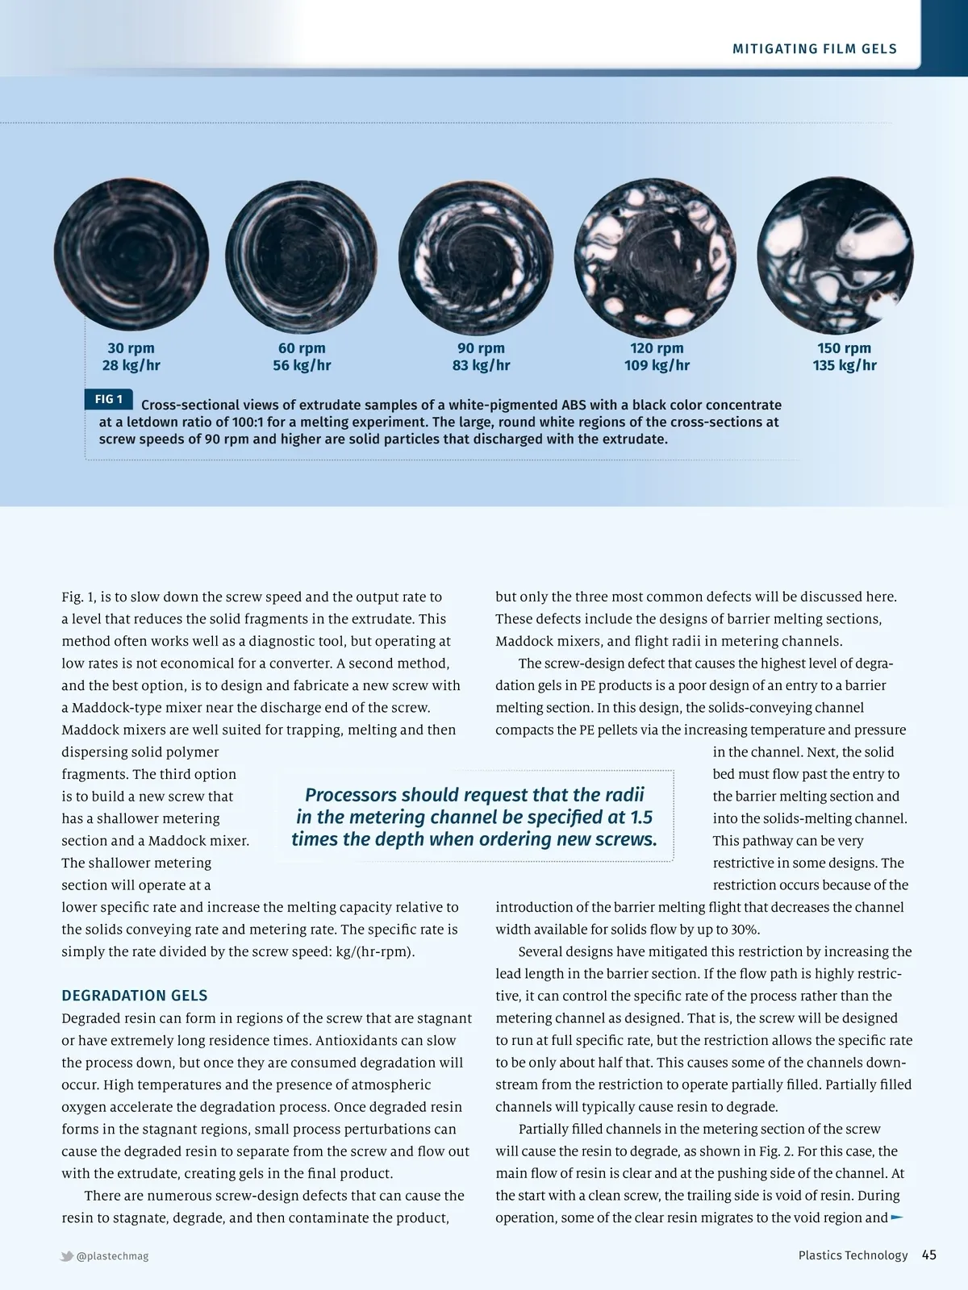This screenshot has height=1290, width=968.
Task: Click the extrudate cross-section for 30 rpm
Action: [x=131, y=255]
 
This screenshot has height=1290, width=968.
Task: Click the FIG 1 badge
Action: [x=109, y=399]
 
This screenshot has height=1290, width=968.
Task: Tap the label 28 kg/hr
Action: [x=131, y=365]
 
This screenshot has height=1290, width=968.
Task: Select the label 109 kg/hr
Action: [x=657, y=365]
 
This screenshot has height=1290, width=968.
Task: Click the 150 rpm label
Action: [x=844, y=347]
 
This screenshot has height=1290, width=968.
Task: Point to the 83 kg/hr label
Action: [x=481, y=365]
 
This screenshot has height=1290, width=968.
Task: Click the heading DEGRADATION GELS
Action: [x=135, y=995]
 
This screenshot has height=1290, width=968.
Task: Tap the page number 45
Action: [x=929, y=1255]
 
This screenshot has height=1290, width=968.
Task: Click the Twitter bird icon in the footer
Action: [x=67, y=1256]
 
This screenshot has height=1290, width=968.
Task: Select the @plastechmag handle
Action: [x=112, y=1256]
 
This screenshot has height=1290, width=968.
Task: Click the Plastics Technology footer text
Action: [x=853, y=1255]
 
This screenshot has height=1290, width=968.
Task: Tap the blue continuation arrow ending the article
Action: [x=896, y=1217]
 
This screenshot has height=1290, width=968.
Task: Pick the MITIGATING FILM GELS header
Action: [x=815, y=48]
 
